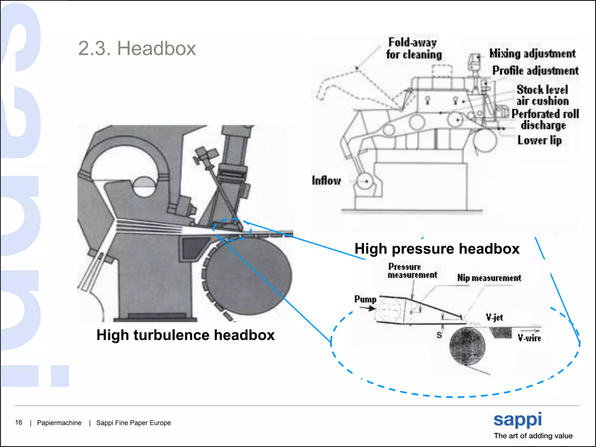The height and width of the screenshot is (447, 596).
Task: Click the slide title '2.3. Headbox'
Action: click(x=137, y=48)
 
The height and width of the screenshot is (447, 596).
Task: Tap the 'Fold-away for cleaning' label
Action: click(x=414, y=49)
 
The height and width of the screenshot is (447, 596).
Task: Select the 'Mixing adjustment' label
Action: click(x=532, y=54)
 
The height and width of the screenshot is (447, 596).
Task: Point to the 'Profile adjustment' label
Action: click(x=535, y=71)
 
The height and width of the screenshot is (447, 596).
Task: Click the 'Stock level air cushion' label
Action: click(x=542, y=95)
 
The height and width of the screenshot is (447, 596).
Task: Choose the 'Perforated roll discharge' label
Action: click(x=545, y=119)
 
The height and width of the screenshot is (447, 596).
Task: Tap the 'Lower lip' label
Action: click(x=539, y=140)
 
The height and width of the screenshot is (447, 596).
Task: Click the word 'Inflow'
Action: click(x=326, y=180)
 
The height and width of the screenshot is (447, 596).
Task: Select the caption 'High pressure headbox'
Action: click(x=437, y=249)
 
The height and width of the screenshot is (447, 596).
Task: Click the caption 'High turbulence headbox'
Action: click(x=185, y=335)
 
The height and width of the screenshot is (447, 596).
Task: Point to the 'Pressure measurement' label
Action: click(x=412, y=271)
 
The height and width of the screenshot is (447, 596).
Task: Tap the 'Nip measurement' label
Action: click(x=489, y=278)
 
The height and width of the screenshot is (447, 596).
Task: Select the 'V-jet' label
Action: click(x=494, y=317)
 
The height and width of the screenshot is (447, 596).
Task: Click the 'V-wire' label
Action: click(x=529, y=338)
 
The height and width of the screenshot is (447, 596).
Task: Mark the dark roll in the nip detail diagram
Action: click(x=467, y=346)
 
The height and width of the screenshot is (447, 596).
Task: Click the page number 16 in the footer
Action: click(x=19, y=423)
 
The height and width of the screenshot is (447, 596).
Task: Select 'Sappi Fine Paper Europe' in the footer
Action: click(x=133, y=423)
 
